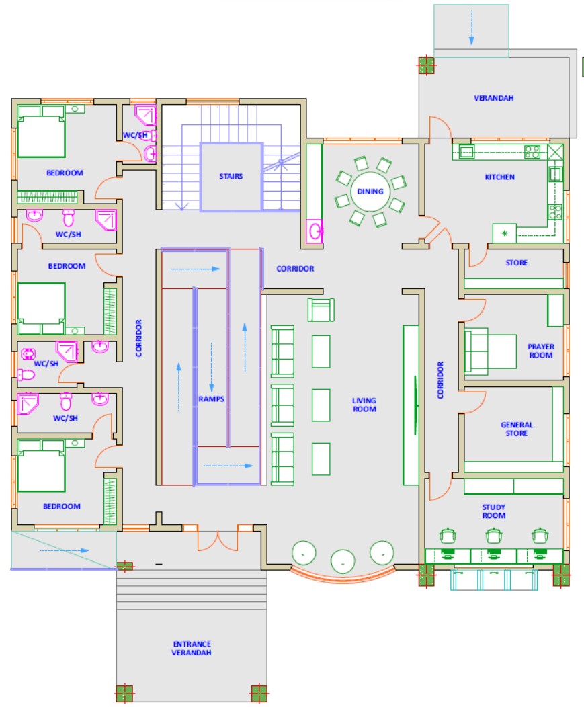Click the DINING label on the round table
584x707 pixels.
[x=370, y=192]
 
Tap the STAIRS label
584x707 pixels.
[x=231, y=176]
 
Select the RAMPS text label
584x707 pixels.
[x=211, y=399]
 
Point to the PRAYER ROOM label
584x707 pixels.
[x=541, y=351]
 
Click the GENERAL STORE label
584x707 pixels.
[x=517, y=429]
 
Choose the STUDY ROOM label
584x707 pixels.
[x=494, y=511]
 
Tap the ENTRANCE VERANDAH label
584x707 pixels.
[x=192, y=649]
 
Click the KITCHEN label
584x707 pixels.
[x=500, y=177]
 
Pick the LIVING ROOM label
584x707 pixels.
[x=364, y=405]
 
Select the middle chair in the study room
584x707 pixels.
[x=494, y=536]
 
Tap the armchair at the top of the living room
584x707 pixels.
[x=321, y=310]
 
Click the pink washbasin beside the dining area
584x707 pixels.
[x=315, y=232]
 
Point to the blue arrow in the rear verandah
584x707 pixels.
[x=471, y=28]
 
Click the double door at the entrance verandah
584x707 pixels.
[x=218, y=542]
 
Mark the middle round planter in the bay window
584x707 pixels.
[x=343, y=561]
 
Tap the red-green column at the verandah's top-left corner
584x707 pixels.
[x=426, y=66]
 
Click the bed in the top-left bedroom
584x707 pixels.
[x=41, y=132]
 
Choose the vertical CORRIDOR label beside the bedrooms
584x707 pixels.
[x=139, y=338]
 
